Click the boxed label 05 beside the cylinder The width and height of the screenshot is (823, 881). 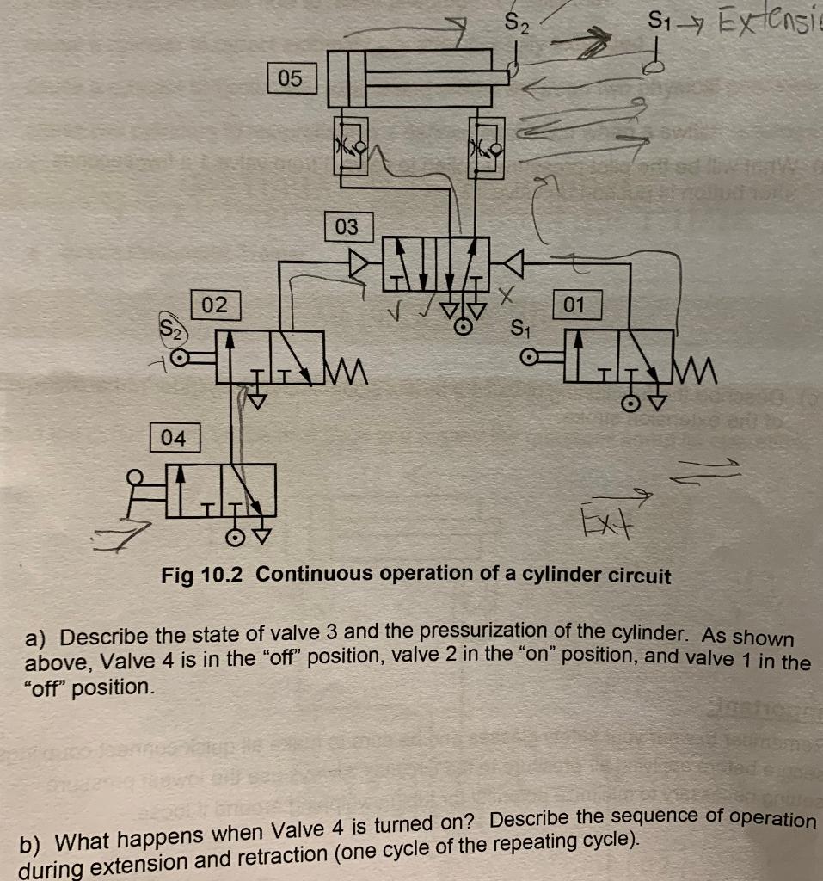[291, 79]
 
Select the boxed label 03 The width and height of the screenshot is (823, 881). [346, 227]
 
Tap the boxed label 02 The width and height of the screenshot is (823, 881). [215, 305]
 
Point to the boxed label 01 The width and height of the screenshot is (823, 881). [574, 305]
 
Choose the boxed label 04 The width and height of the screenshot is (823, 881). [174, 438]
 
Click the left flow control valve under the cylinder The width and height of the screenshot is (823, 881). [351, 145]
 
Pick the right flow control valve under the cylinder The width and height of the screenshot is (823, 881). [485, 145]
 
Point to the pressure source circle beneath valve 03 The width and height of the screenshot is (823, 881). [463, 328]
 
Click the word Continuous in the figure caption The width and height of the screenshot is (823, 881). [305, 574]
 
